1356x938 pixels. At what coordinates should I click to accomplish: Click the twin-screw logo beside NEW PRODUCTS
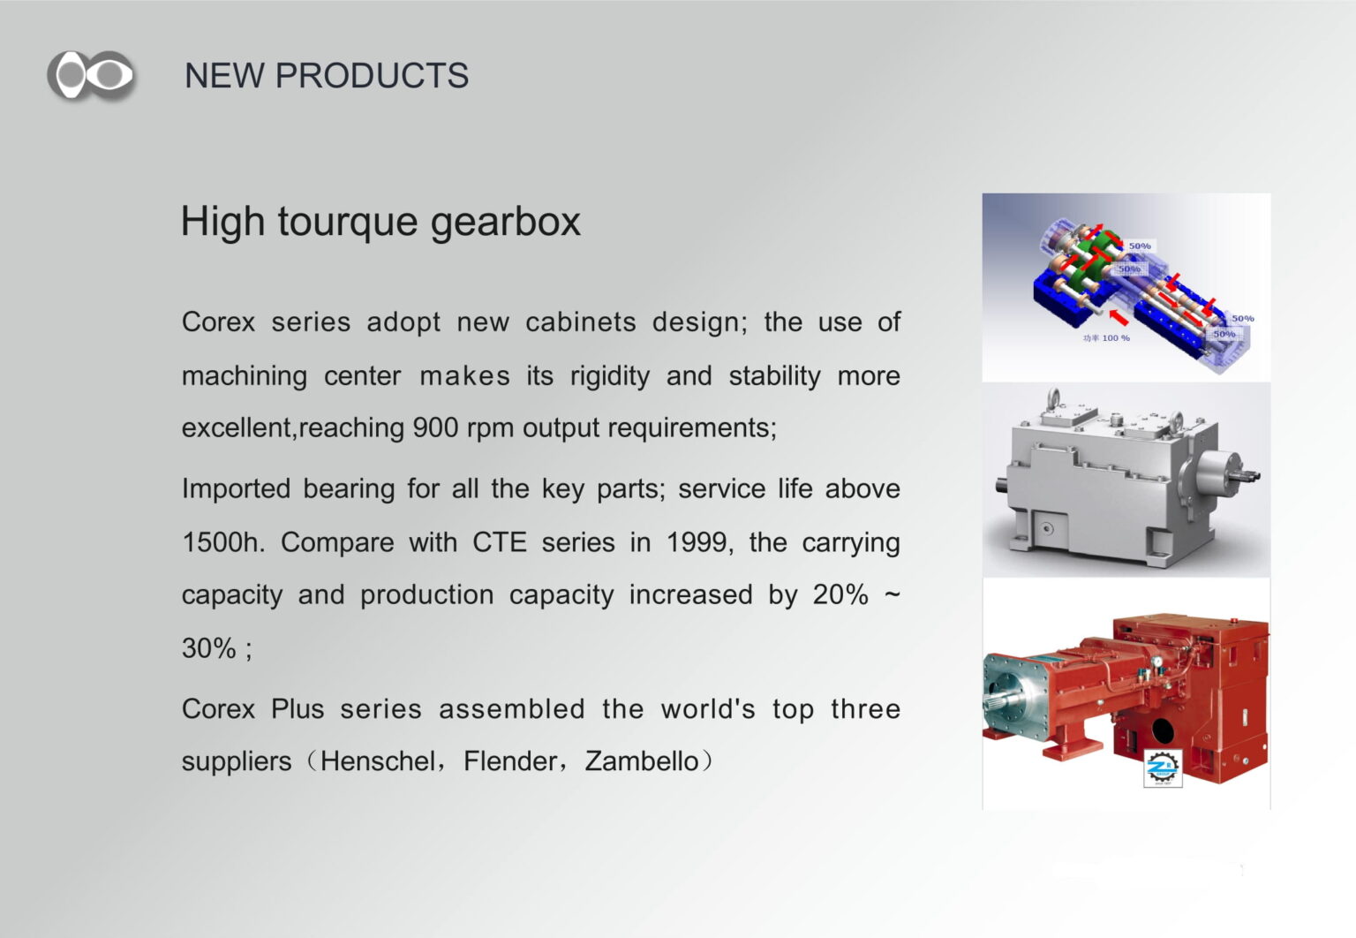pyautogui.click(x=92, y=75)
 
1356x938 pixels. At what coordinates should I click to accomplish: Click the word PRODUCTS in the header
pyautogui.click(x=372, y=76)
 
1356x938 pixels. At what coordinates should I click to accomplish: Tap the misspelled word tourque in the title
pyautogui.click(x=348, y=223)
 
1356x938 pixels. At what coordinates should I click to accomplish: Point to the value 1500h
pyautogui.click(x=223, y=542)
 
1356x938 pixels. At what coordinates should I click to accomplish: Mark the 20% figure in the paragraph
pyautogui.click(x=840, y=594)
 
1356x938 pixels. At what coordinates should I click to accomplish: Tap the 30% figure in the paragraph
pyautogui.click(x=209, y=648)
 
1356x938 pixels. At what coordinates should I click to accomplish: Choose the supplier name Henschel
pyautogui.click(x=378, y=761)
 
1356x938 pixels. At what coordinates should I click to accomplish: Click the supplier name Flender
pyautogui.click(x=510, y=761)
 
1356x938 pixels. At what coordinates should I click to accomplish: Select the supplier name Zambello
pyautogui.click(x=642, y=761)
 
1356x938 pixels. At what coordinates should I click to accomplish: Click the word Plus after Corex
pyautogui.click(x=298, y=709)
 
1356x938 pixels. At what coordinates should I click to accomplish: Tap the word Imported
pyautogui.click(x=236, y=489)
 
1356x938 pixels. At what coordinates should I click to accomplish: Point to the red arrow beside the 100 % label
pyautogui.click(x=1119, y=317)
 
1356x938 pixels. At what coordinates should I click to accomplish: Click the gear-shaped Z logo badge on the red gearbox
pyautogui.click(x=1163, y=768)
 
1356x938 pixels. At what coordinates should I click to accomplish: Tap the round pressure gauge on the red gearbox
pyautogui.click(x=1157, y=662)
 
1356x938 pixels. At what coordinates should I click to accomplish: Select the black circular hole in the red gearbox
pyautogui.click(x=1163, y=730)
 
